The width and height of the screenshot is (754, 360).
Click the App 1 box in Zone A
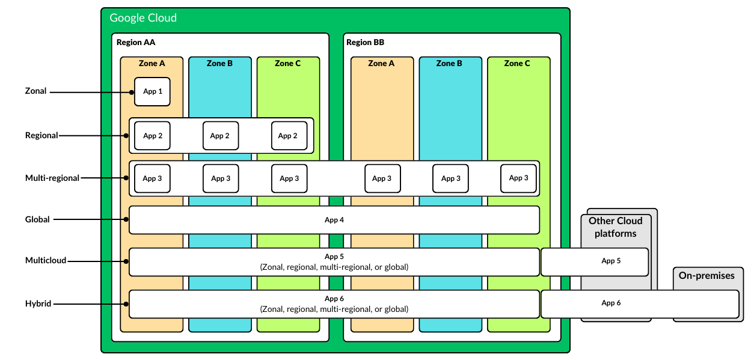pos(152,91)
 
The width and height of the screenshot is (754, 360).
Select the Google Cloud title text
pos(143,18)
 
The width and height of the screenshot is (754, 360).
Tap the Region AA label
pos(136,43)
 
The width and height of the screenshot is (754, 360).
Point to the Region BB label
pos(365,43)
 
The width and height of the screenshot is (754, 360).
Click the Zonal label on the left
pos(35,91)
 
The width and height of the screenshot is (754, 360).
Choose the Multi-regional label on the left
pos(52,178)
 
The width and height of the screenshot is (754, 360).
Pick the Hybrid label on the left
pos(38,304)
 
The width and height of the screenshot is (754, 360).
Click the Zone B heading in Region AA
pos(219,64)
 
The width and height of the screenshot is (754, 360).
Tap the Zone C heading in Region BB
pos(517,64)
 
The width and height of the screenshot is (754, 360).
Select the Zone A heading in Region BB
pos(381,64)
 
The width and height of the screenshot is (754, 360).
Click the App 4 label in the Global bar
pos(334,220)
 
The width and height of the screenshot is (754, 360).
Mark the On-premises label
pos(706,276)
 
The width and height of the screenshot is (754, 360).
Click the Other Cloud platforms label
pos(615,227)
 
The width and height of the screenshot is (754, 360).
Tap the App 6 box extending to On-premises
pos(639,304)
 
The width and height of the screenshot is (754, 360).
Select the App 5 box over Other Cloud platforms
pos(594,261)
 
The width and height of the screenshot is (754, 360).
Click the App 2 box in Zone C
pos(289,136)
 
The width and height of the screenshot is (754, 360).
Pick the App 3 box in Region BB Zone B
pos(451,178)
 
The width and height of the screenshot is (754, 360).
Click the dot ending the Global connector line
pos(126,220)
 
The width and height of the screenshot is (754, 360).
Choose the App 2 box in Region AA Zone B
pos(220,136)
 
